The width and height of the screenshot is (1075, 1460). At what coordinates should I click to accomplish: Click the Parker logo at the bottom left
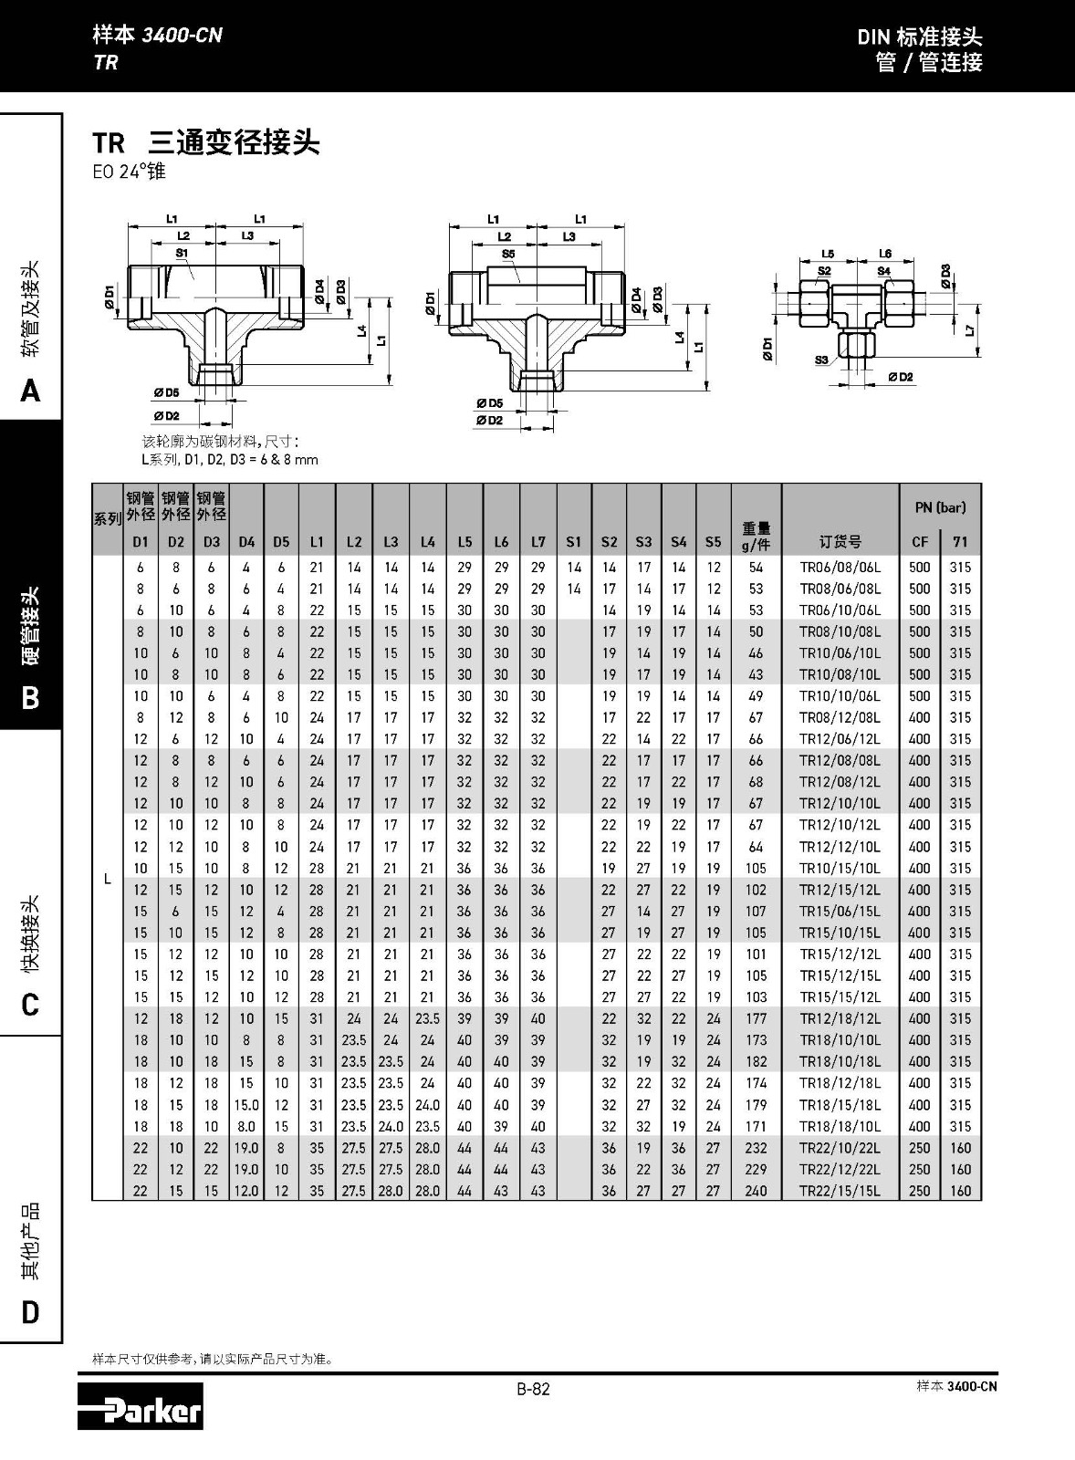140,1406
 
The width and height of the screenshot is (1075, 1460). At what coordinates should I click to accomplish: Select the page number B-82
533,1390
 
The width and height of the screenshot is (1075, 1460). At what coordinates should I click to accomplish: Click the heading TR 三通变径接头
206,143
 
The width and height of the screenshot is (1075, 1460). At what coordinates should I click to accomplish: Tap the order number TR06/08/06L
840,568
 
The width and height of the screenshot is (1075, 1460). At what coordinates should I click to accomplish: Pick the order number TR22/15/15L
840,1191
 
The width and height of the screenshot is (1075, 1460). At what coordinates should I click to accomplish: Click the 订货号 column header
840,542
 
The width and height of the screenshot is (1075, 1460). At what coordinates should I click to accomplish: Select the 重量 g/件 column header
756,536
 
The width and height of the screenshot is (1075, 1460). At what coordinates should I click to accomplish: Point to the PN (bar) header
940,507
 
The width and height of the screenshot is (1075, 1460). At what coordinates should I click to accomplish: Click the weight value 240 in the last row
756,1191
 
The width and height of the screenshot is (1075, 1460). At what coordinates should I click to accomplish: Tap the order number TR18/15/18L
840,1105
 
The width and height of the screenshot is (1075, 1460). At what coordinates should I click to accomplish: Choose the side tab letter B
30,698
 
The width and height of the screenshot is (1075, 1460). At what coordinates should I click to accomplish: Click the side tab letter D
30,1312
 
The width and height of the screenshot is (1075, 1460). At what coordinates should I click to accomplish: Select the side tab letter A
30,391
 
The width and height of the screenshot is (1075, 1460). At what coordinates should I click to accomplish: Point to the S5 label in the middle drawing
508,254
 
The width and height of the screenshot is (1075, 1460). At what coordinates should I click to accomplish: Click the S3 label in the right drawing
821,360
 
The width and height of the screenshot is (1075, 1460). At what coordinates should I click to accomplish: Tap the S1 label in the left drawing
182,253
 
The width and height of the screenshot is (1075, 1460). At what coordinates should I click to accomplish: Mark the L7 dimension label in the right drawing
970,330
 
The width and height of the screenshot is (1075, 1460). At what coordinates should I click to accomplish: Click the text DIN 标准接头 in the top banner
919,37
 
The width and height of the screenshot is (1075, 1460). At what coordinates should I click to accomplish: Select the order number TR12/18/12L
840,1019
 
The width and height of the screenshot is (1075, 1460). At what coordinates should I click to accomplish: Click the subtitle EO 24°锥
129,172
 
